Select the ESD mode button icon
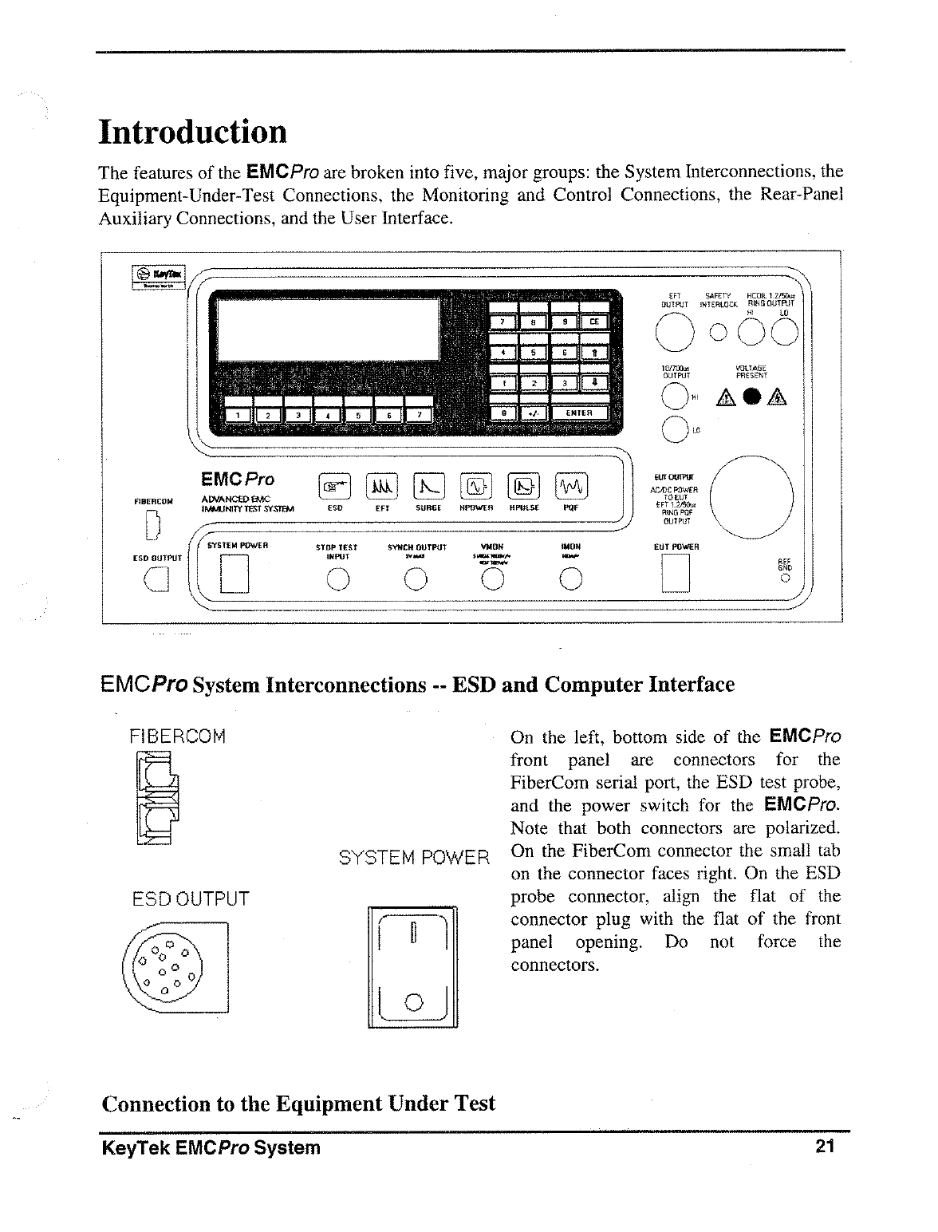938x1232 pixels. point(335,485)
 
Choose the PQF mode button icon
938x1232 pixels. point(570,485)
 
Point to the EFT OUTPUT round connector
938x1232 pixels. point(672,330)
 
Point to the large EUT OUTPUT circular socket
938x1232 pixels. point(751,498)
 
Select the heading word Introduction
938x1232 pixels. point(192,132)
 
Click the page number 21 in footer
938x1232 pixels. point(825,1147)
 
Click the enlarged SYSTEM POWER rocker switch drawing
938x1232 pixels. point(412,967)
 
